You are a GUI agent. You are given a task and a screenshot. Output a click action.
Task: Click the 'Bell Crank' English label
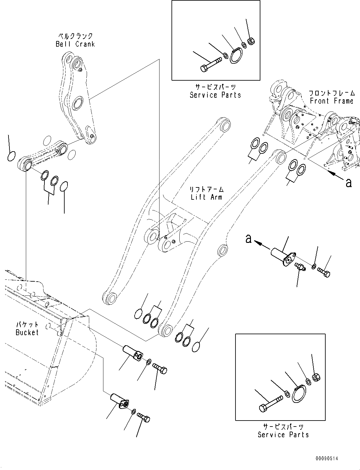pyautogui.click(x=75, y=44)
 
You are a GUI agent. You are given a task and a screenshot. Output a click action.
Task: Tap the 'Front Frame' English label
pyautogui.click(x=331, y=101)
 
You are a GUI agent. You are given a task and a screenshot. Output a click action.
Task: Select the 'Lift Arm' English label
pyautogui.click(x=206, y=197)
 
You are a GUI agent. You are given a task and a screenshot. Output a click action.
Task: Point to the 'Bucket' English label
pyautogui.click(x=27, y=332)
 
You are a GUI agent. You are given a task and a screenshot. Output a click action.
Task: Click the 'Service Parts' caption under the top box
pyautogui.click(x=215, y=95)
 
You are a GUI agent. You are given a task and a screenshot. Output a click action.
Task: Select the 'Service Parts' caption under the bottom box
pyautogui.click(x=283, y=435)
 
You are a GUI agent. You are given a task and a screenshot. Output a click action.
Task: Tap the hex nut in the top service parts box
pyautogui.click(x=251, y=41)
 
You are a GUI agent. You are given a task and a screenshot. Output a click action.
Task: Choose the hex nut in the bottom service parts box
pyautogui.click(x=316, y=377)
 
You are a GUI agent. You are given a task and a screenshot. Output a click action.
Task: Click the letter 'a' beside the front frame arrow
pyautogui.click(x=348, y=182)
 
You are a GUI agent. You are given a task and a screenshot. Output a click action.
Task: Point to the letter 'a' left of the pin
pyautogui.click(x=249, y=239)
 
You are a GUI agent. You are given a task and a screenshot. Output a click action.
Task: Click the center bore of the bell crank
pyautogui.click(x=77, y=104)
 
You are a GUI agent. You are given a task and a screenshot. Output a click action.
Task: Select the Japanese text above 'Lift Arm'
pyautogui.click(x=206, y=190)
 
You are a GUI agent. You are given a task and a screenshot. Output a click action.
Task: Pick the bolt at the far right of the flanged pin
pyautogui.click(x=324, y=272)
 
